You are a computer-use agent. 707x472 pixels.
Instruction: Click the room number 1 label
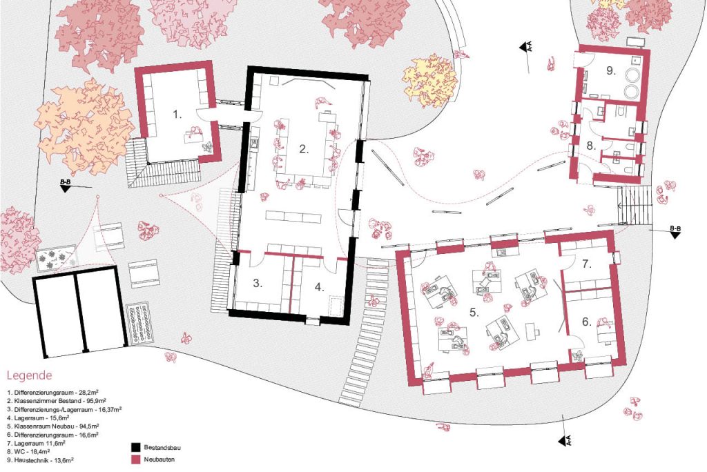(x=177, y=115)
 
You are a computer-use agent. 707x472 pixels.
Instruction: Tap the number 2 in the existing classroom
(x=304, y=149)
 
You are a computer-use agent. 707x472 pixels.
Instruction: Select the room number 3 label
(x=258, y=283)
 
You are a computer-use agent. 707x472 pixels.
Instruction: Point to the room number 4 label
(x=319, y=286)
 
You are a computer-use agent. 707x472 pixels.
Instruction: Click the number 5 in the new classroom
(x=474, y=312)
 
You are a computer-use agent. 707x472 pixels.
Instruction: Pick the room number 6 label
(x=586, y=322)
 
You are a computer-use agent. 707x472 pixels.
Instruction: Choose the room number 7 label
(x=586, y=264)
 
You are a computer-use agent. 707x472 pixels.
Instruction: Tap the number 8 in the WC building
(x=591, y=146)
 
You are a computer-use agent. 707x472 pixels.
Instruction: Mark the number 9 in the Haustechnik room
(x=610, y=70)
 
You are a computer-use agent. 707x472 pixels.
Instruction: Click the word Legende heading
(x=29, y=375)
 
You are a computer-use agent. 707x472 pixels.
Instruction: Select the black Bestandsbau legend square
(x=135, y=448)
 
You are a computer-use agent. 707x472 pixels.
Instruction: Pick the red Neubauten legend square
(x=135, y=460)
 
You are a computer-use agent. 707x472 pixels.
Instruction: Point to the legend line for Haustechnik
(x=40, y=460)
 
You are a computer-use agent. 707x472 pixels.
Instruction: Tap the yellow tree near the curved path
(x=429, y=81)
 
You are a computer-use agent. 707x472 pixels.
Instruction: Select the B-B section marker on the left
(x=66, y=185)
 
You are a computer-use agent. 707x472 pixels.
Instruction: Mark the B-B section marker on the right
(x=675, y=231)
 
